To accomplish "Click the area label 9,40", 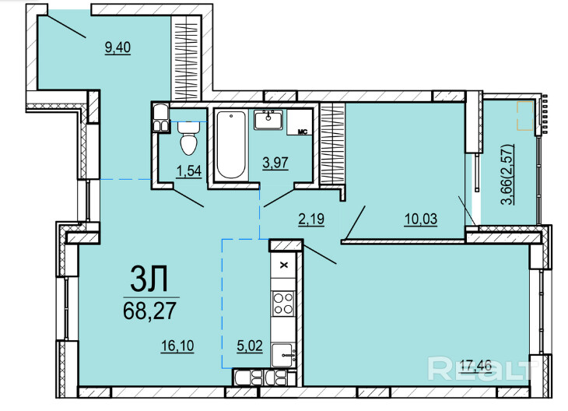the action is pyautogui.click(x=117, y=47).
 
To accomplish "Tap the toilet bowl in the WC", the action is pyautogui.click(x=188, y=138).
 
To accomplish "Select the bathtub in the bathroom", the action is pyautogui.click(x=231, y=145).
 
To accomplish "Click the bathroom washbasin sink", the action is pyautogui.click(x=268, y=120).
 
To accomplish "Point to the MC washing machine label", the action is pyautogui.click(x=303, y=132).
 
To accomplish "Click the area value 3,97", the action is pyautogui.click(x=275, y=163).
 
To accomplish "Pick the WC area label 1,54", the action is pyautogui.click(x=189, y=171).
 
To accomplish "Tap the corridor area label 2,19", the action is pyautogui.click(x=311, y=220).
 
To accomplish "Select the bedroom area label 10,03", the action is pyautogui.click(x=421, y=220).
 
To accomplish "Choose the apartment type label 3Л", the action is pyautogui.click(x=149, y=279).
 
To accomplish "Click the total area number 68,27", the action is pyautogui.click(x=149, y=311).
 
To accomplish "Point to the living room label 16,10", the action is pyautogui.click(x=177, y=346).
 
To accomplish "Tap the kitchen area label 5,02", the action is pyautogui.click(x=250, y=346).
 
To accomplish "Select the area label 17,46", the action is pyautogui.click(x=475, y=366).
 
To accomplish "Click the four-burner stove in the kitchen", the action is pyautogui.click(x=283, y=304).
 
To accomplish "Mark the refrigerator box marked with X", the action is pyautogui.click(x=284, y=265).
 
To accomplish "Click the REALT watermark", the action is pyautogui.click(x=481, y=369).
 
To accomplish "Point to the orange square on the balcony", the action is pyautogui.click(x=525, y=116).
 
